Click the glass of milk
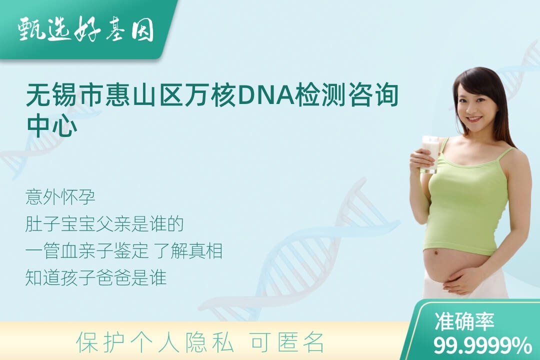[x=430, y=154]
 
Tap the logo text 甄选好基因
[x=86, y=30]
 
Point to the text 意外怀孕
[x=60, y=197]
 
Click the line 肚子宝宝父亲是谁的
[x=104, y=224]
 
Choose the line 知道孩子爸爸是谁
[x=95, y=277]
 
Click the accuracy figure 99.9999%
[x=482, y=345]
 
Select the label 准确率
[x=464, y=321]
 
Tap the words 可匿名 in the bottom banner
[x=288, y=342]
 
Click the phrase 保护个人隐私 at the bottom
[x=155, y=342]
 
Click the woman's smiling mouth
[x=474, y=119]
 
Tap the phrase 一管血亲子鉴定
[x=87, y=251]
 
